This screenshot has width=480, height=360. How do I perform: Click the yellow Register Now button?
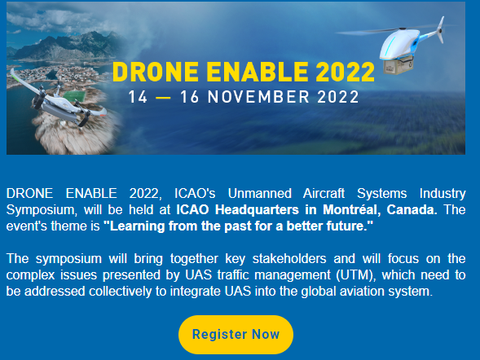tap(236, 335)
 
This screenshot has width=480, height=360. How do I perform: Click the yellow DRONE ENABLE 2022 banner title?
tap(244, 72)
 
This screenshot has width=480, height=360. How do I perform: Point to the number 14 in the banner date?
tap(138, 97)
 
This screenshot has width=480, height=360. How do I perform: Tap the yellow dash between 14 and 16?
tap(163, 98)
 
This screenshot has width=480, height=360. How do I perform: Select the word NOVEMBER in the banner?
tap(258, 97)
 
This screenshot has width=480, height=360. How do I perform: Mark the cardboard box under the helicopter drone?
tap(399, 65)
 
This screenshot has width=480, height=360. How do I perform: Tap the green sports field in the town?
tap(74, 96)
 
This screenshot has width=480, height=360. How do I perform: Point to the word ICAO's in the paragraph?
tap(195, 194)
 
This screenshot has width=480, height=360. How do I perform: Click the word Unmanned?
tap(260, 194)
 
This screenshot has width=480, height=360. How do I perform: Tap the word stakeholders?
tap(289, 259)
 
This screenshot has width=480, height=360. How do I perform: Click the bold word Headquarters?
tap(257, 210)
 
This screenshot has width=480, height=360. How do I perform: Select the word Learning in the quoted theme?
tap(138, 226)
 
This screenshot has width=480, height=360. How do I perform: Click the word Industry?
tap(443, 194)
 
